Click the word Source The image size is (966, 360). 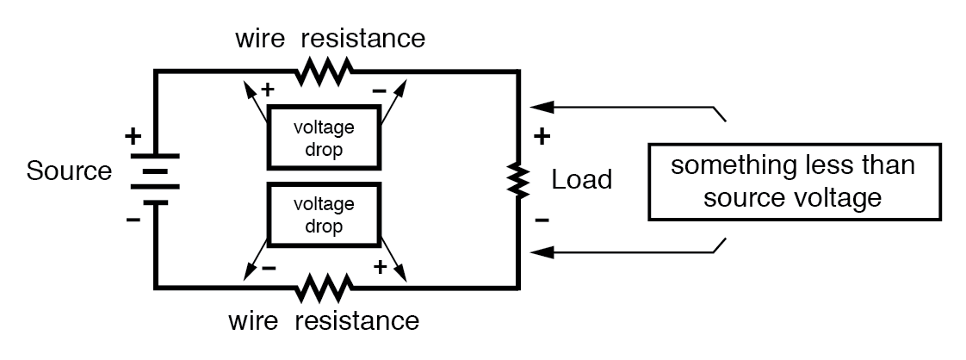(69, 171)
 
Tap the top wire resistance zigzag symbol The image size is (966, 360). (323, 72)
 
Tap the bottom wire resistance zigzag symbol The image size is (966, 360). (323, 287)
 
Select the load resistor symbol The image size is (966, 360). (517, 180)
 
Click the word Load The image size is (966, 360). (582, 180)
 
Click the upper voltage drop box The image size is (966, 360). (323, 137)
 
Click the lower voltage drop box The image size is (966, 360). (323, 214)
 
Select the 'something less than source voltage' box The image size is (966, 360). (792, 182)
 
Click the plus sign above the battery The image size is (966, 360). (133, 136)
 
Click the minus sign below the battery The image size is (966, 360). (133, 220)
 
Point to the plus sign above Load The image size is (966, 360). (542, 136)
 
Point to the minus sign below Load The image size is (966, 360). (542, 220)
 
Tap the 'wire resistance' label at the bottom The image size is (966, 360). (323, 322)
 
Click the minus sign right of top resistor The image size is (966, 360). (379, 89)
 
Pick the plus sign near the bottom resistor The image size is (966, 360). (379, 268)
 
